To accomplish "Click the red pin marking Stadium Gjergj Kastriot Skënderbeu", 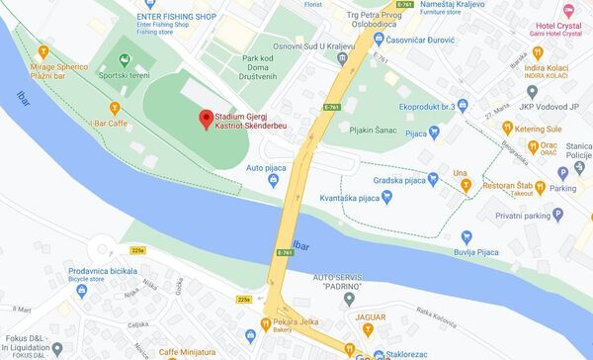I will [x=206, y=120].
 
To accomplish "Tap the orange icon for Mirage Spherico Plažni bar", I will [x=42, y=50].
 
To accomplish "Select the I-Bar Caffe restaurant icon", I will [x=115, y=106].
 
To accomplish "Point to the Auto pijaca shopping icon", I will [x=272, y=181].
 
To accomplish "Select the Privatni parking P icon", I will [x=557, y=215].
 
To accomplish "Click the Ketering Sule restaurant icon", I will [x=506, y=127].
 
